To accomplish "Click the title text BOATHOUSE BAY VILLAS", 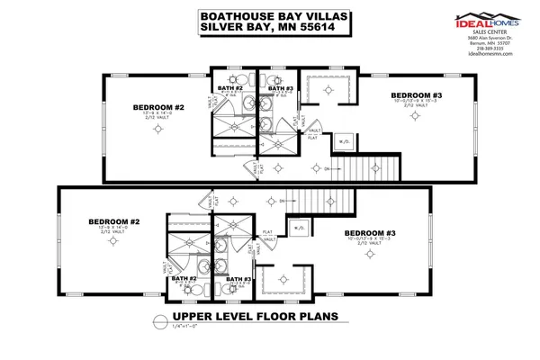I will [x=259, y=15].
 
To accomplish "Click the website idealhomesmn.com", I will [x=490, y=54].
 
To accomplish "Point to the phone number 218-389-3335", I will [x=490, y=48].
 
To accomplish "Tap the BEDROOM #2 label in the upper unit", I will [x=158, y=108].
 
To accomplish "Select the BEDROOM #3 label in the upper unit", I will [x=415, y=94].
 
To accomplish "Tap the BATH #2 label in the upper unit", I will [x=229, y=87].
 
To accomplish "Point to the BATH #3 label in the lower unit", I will [x=238, y=279].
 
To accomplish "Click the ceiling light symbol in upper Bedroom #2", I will [x=158, y=130].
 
